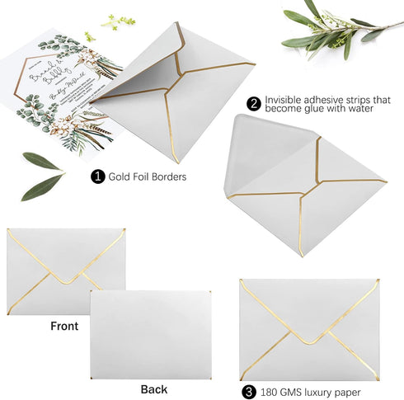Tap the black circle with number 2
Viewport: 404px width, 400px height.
(253, 105)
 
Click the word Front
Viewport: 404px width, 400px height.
(64, 326)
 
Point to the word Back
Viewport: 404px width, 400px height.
(153, 388)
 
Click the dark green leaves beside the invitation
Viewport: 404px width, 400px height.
(41, 175)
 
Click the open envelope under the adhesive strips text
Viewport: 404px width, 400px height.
(301, 186)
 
